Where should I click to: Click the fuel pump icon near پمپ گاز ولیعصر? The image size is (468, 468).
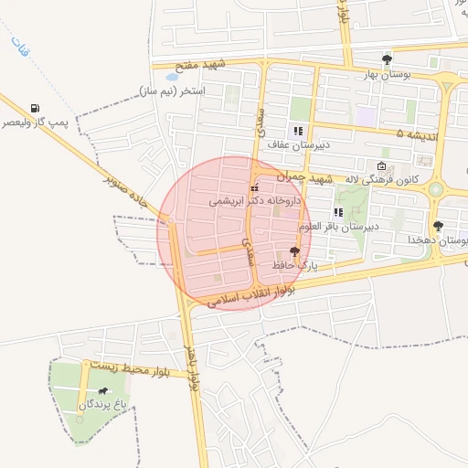35,109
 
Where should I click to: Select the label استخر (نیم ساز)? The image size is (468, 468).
173,91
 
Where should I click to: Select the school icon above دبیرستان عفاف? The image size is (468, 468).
298,131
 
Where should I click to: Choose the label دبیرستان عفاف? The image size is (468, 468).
298,144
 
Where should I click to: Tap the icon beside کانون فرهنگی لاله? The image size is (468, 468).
381,166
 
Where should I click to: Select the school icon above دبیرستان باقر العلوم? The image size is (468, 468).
338,213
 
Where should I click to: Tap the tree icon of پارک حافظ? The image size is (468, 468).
294,251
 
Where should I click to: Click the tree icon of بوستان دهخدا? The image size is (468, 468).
438,225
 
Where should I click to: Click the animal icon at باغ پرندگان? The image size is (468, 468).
102,392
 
